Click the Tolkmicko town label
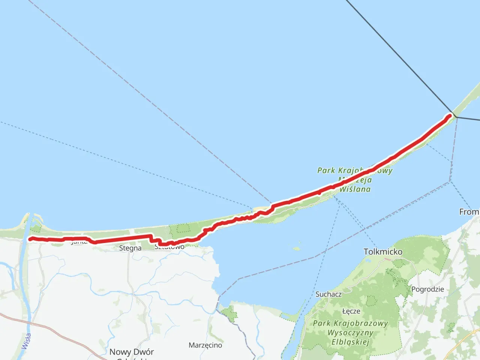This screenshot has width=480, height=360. [383, 252]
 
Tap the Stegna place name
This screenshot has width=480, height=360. [130, 248]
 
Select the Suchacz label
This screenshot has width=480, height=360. [328, 294]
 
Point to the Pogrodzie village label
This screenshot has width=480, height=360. [427, 289]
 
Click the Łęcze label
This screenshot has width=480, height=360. [351, 311]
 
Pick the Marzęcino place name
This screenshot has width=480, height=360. [205, 345]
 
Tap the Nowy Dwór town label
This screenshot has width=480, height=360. [131, 352]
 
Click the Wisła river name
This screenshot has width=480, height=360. [26, 341]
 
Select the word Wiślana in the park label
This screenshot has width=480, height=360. [355, 189]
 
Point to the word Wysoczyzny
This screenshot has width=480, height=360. [350, 333]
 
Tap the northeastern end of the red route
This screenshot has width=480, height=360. [449, 116]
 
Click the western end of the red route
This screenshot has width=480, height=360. [30, 239]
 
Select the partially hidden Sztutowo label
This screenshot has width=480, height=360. [169, 247]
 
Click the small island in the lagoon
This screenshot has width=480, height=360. [297, 248]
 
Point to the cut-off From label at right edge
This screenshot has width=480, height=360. [469, 212]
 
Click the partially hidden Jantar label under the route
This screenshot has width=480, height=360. [79, 242]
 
